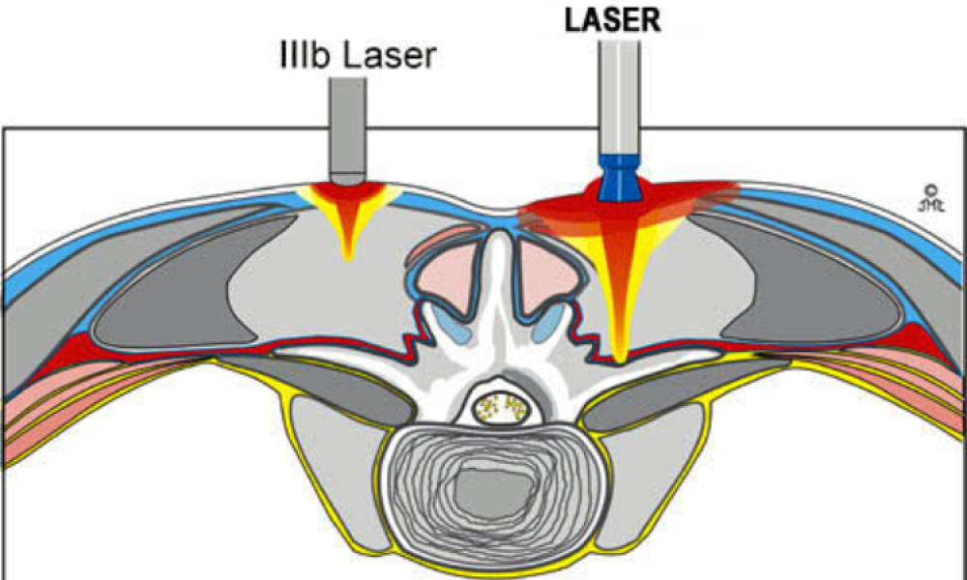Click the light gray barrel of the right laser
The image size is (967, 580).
tap(617, 97)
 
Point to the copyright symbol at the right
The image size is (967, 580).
tap(931, 190)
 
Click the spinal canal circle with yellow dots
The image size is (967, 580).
tap(503, 407)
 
